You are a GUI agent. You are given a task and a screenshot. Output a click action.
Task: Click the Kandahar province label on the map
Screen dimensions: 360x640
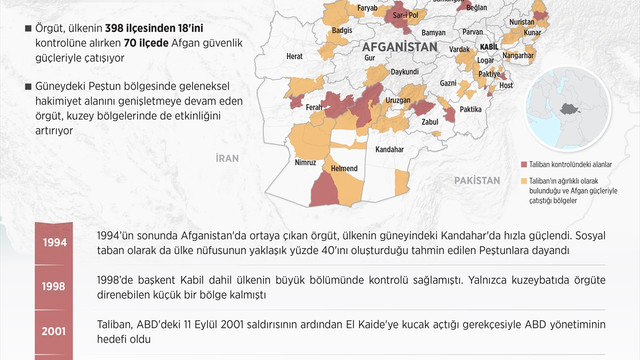389,149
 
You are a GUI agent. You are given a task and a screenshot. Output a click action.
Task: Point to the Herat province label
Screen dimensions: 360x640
294,57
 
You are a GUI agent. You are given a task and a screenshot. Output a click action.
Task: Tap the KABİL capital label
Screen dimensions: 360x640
489,47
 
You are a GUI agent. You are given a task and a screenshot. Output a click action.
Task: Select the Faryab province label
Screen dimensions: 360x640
369,7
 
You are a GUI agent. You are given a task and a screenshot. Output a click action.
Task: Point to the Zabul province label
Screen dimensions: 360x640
431,121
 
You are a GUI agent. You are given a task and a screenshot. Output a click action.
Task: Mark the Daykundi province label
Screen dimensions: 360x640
404,72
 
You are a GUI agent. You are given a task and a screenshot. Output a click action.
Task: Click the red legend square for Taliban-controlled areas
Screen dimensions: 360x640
524,163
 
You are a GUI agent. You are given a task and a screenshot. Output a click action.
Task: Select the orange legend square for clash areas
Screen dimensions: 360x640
524,181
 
